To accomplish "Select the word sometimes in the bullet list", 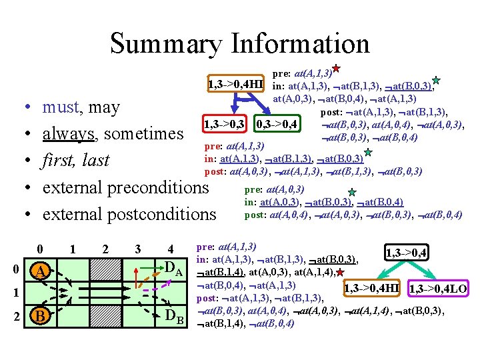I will (143, 133).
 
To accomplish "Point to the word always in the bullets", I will (69, 133).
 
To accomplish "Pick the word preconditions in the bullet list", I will (159, 187).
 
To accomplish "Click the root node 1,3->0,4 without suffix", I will (406, 253).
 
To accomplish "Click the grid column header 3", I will (137, 249).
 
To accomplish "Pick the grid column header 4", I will (171, 249).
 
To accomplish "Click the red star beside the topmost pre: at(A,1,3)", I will (337, 68).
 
